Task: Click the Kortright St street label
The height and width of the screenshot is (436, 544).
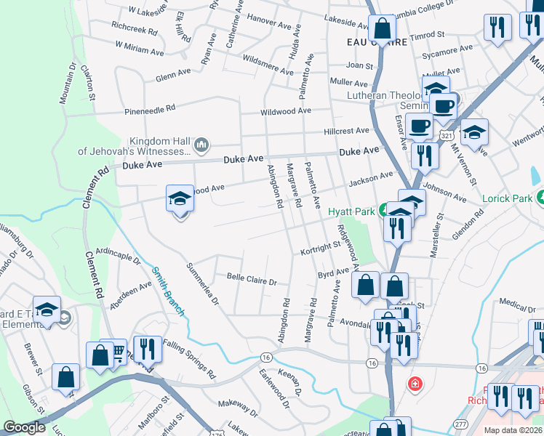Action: (x=321, y=249)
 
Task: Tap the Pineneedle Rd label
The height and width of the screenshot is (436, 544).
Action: (x=151, y=108)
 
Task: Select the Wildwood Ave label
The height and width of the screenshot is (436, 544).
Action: (x=287, y=111)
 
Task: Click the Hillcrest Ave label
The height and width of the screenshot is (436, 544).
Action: (x=347, y=131)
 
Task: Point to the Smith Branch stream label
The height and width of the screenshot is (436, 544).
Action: (x=167, y=290)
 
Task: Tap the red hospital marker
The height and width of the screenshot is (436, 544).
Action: (x=415, y=382)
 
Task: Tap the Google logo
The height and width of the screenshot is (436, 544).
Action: (x=24, y=427)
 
